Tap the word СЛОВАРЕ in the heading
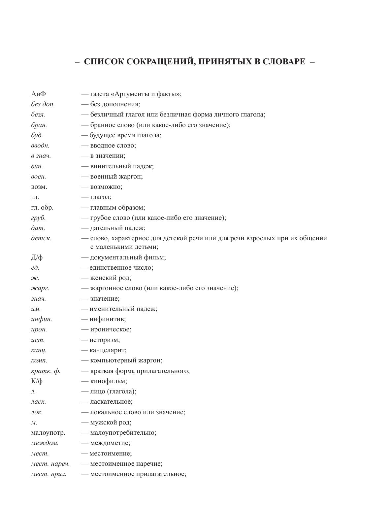(284, 62)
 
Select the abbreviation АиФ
(39, 94)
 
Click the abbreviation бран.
(39, 125)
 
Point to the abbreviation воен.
(39, 177)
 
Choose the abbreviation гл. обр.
(42, 208)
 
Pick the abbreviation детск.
(41, 238)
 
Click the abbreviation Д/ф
(37, 257)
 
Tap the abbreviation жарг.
(40, 288)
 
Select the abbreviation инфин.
(42, 319)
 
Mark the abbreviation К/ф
(37, 381)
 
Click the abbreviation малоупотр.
(48, 433)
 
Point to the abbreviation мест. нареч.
(50, 464)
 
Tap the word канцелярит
(108, 350)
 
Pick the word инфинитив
(108, 319)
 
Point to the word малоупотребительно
(123, 433)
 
